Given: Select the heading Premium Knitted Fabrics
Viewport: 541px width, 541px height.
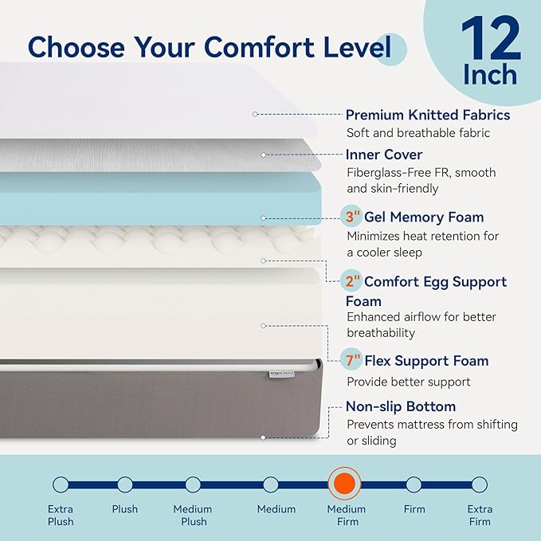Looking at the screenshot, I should point(427,115).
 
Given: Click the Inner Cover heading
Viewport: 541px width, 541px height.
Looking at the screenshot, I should point(384,155).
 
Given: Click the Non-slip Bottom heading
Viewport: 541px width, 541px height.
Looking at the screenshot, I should point(401,407).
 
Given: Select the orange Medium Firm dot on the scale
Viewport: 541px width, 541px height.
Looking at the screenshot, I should point(344,484).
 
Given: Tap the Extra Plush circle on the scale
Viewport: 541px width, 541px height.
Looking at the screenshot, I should point(61,484).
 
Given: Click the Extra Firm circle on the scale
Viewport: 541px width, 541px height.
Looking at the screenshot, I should point(479,484).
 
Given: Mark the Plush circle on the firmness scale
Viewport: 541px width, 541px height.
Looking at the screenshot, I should point(124,484).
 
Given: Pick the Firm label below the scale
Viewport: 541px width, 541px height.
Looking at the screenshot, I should point(414,509).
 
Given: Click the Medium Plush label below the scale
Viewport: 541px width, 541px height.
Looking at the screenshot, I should point(193,515).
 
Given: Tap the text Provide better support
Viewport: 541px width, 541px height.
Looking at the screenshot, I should point(408,382).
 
